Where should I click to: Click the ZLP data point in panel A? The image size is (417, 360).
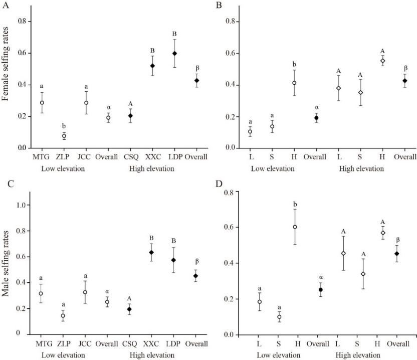[x=64, y=136]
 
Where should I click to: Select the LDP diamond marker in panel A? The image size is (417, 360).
[x=174, y=54]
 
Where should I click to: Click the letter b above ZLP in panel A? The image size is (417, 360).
[x=64, y=126]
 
